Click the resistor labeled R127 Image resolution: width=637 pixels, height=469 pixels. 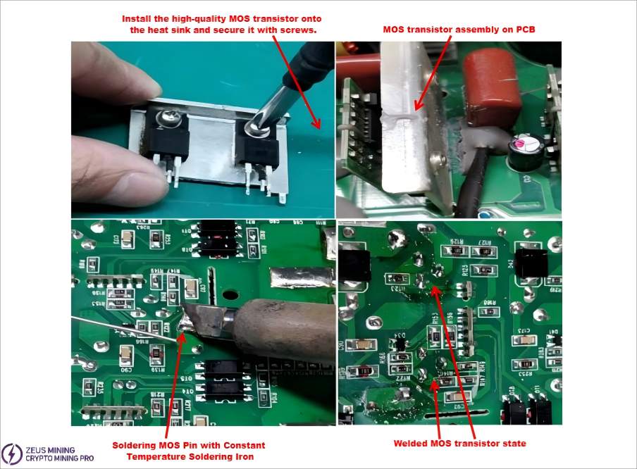[x=485, y=251]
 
